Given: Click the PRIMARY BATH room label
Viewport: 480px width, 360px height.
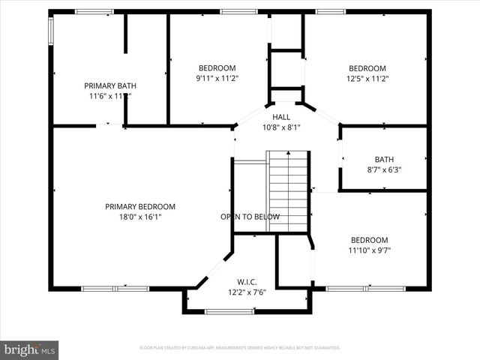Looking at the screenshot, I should (110, 85).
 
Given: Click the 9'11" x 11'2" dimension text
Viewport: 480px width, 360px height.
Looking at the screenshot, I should (217, 78).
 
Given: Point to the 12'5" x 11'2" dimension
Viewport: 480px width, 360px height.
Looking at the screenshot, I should (367, 78).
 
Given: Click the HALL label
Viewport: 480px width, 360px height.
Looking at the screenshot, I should (281, 117).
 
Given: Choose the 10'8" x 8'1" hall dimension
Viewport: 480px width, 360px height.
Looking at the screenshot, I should (281, 127).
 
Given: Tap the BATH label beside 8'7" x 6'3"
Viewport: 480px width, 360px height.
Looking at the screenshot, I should (383, 159).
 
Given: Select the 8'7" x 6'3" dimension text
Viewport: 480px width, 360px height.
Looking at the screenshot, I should (383, 169).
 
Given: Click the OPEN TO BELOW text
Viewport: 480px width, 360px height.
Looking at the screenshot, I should (250, 217).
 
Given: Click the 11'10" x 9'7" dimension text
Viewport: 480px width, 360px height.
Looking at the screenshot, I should (370, 250).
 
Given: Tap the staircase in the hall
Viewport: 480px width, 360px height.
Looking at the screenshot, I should (288, 191).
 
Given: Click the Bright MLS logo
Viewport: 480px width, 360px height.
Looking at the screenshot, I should (29, 349).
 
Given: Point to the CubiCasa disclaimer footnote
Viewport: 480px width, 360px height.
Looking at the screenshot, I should (240, 348).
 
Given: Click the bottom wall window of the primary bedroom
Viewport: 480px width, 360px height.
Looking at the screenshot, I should (104, 288).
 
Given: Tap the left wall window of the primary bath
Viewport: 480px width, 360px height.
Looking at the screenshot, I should (51, 30).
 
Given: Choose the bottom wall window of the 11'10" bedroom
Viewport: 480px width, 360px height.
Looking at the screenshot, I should (365, 288).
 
